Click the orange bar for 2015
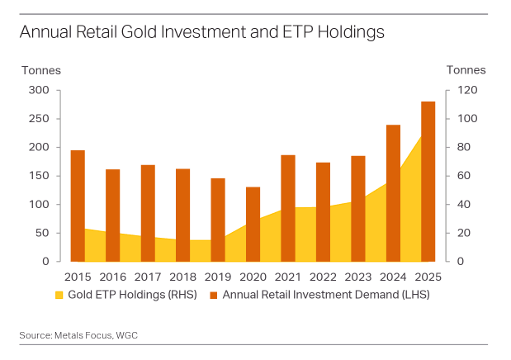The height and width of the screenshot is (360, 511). (78, 206)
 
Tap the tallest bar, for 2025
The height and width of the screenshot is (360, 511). (428, 181)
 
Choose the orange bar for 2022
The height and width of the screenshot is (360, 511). (323, 211)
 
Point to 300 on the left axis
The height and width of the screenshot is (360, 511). (40, 90)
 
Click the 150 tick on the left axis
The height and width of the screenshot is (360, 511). (40, 176)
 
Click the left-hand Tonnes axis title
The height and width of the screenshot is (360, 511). (41, 70)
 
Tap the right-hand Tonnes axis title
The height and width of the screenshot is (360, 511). (466, 70)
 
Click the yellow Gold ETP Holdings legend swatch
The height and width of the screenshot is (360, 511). (59, 295)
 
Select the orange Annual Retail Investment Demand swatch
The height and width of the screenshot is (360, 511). (213, 295)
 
